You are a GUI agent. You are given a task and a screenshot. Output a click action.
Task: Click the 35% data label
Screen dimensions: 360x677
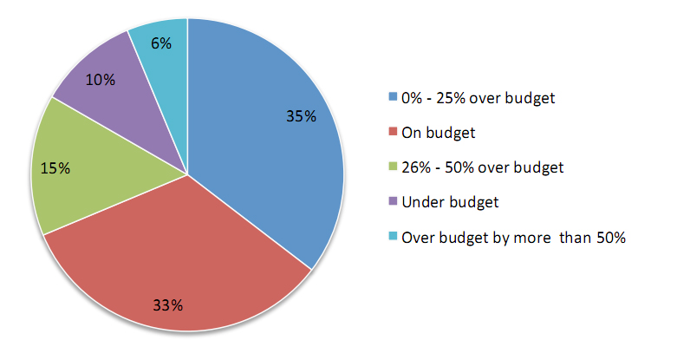click(x=301, y=115)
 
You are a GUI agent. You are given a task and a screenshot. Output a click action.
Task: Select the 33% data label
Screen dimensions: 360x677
click(x=168, y=304)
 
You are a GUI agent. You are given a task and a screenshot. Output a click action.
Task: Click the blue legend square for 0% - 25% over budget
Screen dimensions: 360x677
click(x=394, y=97)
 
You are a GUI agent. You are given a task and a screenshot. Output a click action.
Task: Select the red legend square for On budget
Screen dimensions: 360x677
click(x=394, y=133)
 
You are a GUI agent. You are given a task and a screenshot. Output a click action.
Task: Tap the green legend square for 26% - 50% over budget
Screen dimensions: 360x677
click(x=394, y=167)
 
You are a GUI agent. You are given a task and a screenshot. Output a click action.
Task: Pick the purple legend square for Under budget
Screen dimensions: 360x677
click(x=394, y=202)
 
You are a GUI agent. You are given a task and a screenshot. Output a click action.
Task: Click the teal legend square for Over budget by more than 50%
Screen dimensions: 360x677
click(x=394, y=237)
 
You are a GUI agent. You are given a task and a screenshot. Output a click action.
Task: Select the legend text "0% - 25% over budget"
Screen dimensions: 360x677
click(x=478, y=97)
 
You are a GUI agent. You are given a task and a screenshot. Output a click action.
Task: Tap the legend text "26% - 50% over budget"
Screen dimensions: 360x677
click(x=481, y=167)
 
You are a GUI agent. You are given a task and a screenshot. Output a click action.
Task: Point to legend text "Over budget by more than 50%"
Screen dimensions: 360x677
click(x=513, y=237)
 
